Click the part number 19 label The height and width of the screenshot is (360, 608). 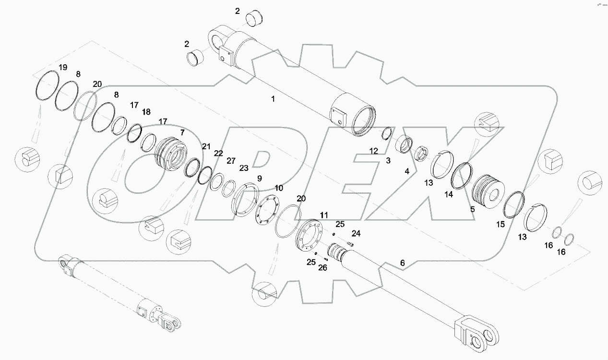click(x=63, y=67)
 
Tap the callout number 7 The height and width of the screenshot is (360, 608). click(x=182, y=132)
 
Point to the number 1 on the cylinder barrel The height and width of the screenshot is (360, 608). click(x=273, y=99)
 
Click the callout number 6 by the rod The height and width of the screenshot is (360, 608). click(x=402, y=263)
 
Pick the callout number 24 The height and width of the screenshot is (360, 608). click(x=356, y=234)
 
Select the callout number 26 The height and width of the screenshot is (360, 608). click(x=322, y=267)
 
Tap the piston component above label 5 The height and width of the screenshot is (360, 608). click(x=488, y=190)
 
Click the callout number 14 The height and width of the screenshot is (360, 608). click(x=449, y=194)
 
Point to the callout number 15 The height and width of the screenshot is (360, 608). click(x=501, y=224)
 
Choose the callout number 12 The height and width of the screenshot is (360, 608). click(x=374, y=151)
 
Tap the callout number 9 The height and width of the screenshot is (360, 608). click(x=259, y=178)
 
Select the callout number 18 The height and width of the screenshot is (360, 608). click(x=146, y=112)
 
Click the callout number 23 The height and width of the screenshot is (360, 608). click(x=244, y=168)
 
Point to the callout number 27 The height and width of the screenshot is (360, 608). click(x=231, y=160)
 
